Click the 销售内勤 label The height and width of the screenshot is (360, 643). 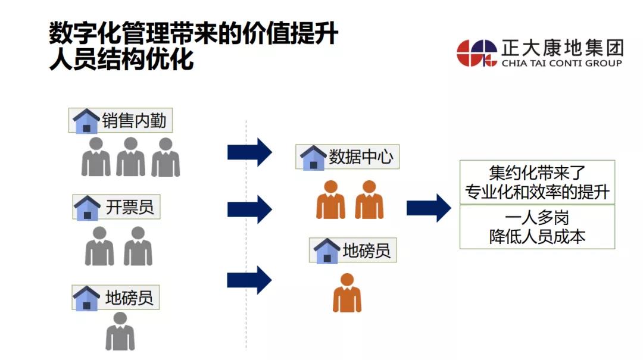tap(135, 121)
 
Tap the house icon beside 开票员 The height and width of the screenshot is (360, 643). tap(87, 208)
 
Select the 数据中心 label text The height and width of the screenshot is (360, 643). tap(361, 157)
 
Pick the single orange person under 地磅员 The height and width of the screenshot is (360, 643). tap(347, 293)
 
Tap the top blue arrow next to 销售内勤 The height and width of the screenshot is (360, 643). tap(249, 153)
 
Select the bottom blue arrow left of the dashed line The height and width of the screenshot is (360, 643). tap(249, 280)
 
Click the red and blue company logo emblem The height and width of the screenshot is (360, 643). tap(477, 53)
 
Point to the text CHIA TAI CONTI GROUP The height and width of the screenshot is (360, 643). tap(561, 63)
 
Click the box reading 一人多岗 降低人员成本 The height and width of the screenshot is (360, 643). tap(537, 227)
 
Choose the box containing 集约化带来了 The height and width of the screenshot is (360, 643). tap(537, 182)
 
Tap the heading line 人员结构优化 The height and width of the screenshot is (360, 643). tap(121, 61)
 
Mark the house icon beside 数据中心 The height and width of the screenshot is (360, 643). tap(313, 158)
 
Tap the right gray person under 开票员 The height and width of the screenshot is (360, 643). tap(138, 246)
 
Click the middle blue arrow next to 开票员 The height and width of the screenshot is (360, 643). tap(249, 209)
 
